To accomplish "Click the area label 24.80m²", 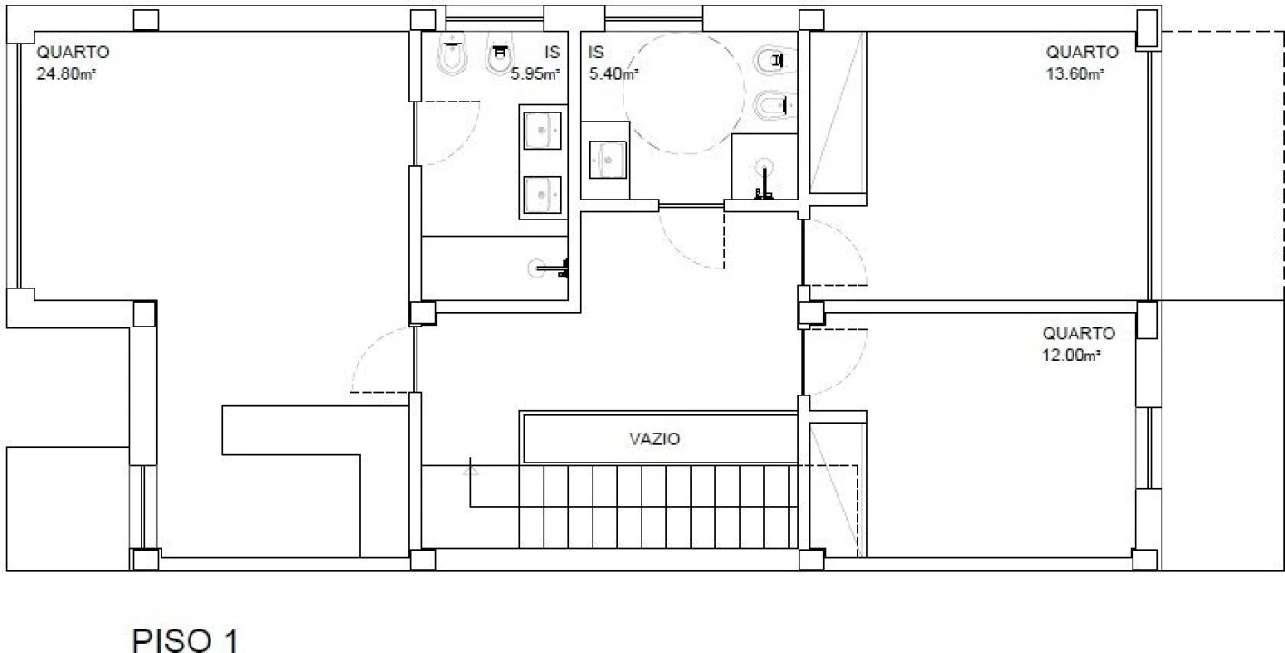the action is tap(66, 74).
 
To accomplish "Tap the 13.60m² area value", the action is tap(1075, 74).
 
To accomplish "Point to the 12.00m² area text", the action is tap(1071, 355).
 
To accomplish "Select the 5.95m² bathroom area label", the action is tap(535, 74).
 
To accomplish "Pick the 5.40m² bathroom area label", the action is tap(613, 74).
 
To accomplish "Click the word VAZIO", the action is tap(654, 439).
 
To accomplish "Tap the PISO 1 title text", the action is tap(185, 639).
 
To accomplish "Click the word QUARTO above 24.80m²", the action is tap(73, 53).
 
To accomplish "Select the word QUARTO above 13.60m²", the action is tap(1082, 53).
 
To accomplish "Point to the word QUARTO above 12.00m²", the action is tap(1078, 333).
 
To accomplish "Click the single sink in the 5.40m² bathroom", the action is tap(607, 160).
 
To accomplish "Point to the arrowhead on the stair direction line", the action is tap(470, 471).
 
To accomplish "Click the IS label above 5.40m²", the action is tap(596, 53).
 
